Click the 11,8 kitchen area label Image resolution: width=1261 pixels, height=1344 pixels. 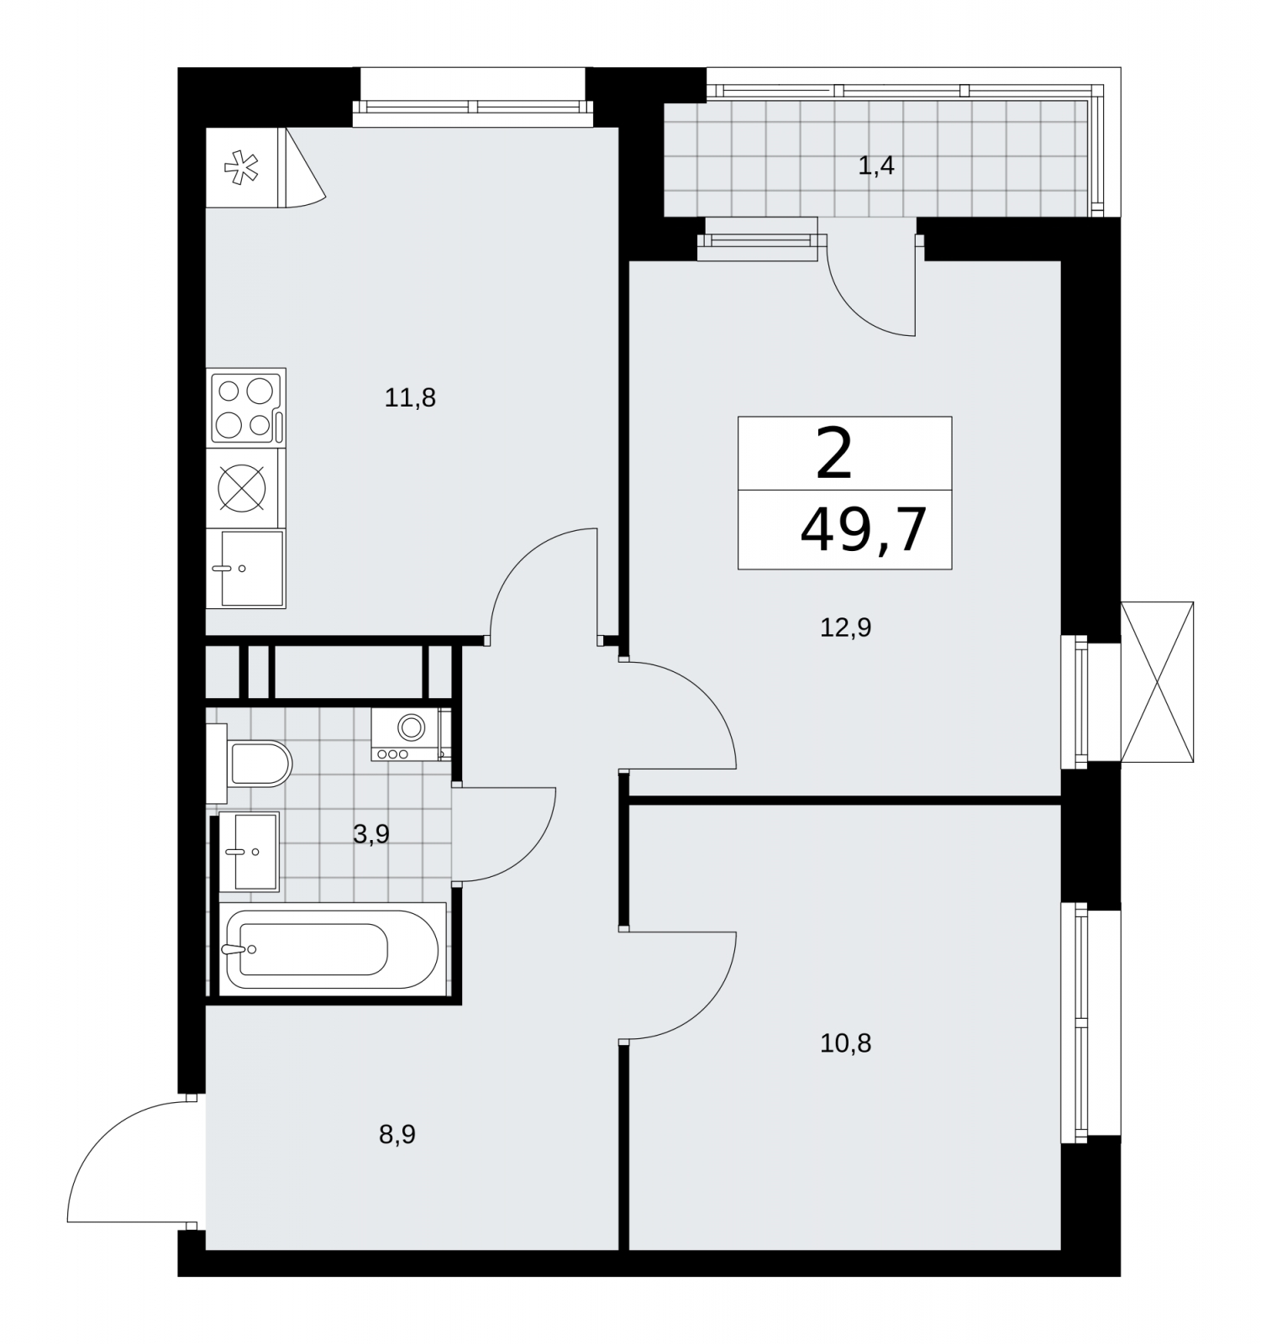410,397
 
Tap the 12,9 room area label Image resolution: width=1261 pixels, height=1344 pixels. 845,627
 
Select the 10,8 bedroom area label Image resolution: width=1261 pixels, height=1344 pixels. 845,1044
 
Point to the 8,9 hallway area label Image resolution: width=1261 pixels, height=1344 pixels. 397,1136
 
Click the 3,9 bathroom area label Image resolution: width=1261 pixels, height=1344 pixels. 370,835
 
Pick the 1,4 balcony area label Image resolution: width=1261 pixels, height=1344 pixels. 875,166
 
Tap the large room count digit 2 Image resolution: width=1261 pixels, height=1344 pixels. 834,454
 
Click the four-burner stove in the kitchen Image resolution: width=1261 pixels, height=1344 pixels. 247,408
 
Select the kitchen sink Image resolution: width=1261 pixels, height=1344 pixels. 246,569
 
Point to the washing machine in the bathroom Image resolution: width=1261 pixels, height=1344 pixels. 411,735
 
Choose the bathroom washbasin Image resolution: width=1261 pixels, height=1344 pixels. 250,852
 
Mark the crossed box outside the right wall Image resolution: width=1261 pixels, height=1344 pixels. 1157,682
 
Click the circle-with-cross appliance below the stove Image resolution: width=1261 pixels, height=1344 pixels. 242,488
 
